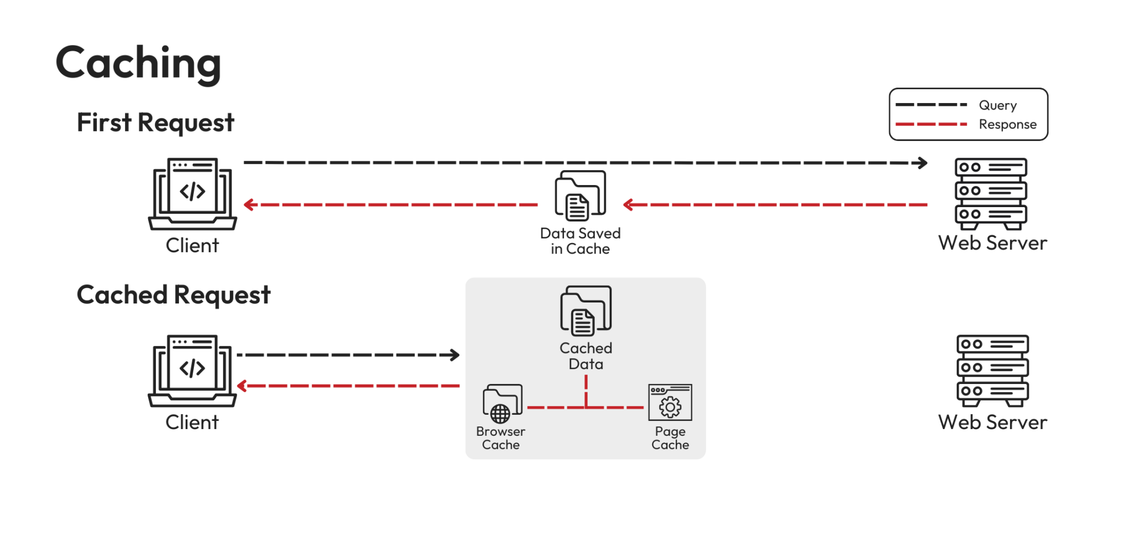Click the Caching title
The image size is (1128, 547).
point(138,63)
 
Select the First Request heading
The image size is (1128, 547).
point(155,122)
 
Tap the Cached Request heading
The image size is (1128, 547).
point(173,295)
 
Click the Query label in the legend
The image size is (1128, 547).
point(997,105)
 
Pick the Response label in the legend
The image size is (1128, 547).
point(1007,124)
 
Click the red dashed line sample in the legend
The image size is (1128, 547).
point(930,124)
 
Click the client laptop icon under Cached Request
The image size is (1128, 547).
point(193,371)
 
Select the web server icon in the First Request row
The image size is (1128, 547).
point(991,194)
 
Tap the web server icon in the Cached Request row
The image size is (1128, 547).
point(993,371)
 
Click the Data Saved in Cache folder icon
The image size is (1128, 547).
point(581,195)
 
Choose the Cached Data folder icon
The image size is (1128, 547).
point(585,311)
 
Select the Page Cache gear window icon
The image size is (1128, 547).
point(670,403)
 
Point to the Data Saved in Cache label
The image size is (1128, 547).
point(581,241)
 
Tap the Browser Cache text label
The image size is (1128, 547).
point(501,438)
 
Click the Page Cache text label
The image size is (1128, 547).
point(670,438)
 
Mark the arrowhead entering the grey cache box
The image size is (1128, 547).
point(455,355)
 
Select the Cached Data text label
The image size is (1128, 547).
point(585,356)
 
